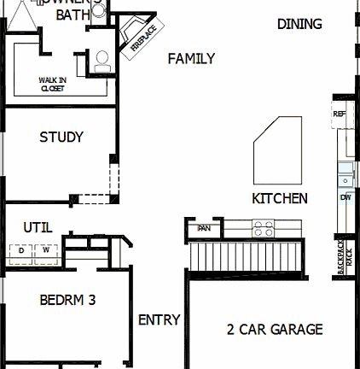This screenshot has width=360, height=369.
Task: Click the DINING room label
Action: click(299, 24)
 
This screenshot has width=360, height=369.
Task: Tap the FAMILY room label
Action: click(190, 58)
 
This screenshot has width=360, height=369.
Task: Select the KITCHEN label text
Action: click(280, 198)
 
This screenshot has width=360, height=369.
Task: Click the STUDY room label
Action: click(61, 137)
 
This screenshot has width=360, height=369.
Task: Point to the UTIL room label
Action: click(38, 227)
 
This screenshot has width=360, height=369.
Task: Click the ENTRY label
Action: click(159, 320)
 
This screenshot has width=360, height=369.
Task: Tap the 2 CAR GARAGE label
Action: click(274, 329)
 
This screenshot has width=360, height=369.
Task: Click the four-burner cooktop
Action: click(263, 228)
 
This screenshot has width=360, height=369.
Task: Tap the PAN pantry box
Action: click(204, 228)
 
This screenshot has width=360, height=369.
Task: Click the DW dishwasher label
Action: click(345, 197)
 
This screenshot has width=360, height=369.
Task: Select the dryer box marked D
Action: click(22, 250)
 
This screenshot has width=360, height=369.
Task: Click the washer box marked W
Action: click(46, 250)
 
